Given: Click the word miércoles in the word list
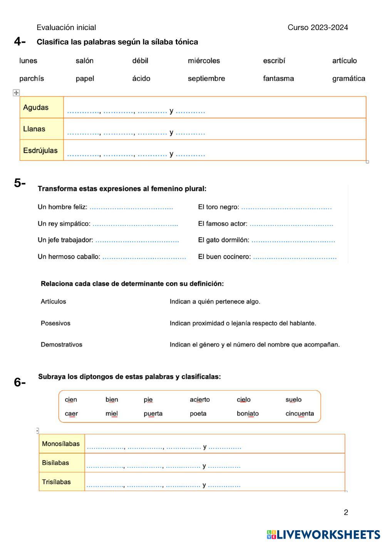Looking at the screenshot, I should (x=204, y=61).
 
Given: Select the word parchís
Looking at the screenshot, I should (x=32, y=78).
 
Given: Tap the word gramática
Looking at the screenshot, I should (x=348, y=78).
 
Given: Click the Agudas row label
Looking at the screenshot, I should (x=36, y=107).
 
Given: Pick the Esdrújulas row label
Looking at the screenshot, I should (x=40, y=150).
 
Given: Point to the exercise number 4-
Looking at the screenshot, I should (x=20, y=42).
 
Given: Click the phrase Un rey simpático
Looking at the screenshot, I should (x=64, y=224).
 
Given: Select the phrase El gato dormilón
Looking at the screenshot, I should (x=223, y=240).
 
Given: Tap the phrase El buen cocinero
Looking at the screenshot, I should (x=224, y=257).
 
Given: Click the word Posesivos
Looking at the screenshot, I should (x=55, y=323).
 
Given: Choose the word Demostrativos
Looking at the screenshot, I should (x=62, y=345).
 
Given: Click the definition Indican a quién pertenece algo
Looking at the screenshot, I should (x=215, y=302).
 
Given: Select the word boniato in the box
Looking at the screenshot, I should (x=248, y=414).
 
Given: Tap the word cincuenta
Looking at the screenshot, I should (x=300, y=414).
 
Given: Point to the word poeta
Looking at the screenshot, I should (x=198, y=414).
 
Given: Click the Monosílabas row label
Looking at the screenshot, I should (x=61, y=444).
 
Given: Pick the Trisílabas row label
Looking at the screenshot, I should (x=56, y=482).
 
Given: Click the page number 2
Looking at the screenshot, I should (x=346, y=512).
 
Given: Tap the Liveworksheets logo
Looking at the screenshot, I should (x=323, y=534).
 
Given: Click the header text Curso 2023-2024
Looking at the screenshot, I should (x=318, y=27).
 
